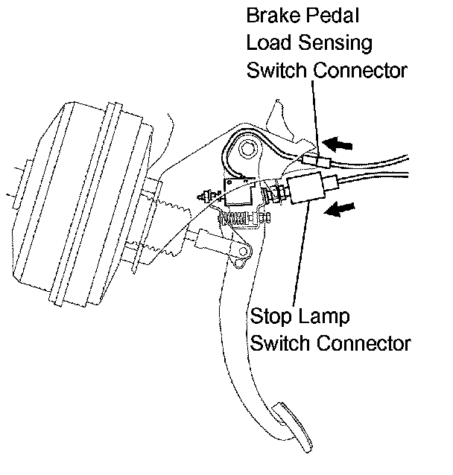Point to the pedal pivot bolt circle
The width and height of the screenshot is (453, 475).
tap(247, 151)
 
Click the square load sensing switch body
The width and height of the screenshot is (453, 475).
tap(239, 193)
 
